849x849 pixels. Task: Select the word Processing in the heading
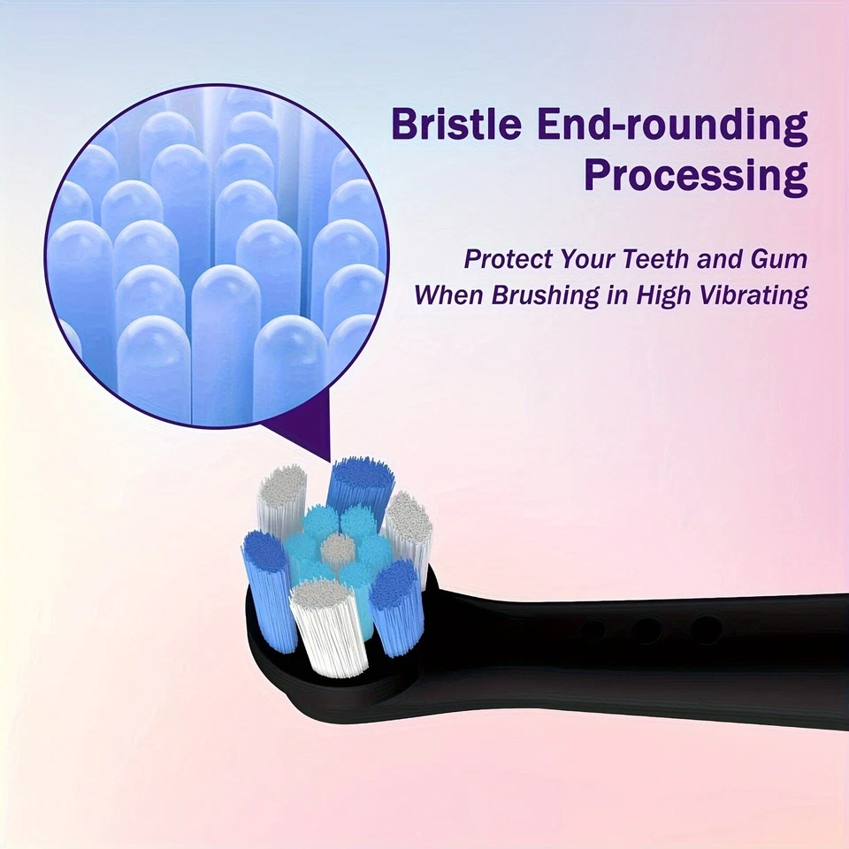[x=695, y=177]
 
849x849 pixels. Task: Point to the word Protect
[x=508, y=260]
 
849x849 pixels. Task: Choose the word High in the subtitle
[x=652, y=295]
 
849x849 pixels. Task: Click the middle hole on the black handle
[x=646, y=631]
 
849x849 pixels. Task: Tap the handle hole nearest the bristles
[x=593, y=631]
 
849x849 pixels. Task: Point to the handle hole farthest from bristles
[x=704, y=629]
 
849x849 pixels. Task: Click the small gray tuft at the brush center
[x=337, y=549]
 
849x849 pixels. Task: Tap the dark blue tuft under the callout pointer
[x=361, y=485]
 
